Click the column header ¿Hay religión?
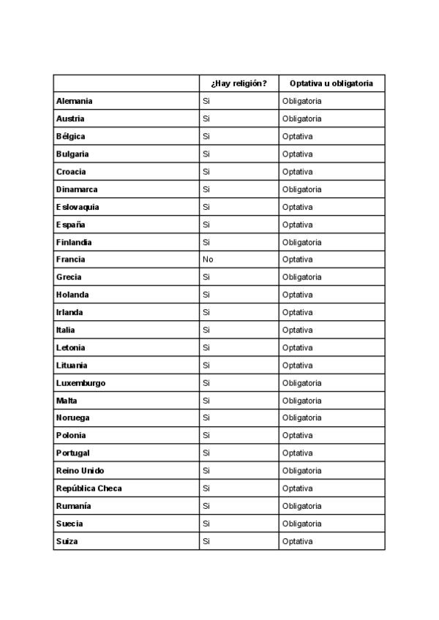239,83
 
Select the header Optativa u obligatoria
331,83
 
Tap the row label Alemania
74,101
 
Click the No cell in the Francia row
208,260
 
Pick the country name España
70,224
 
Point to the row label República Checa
89,488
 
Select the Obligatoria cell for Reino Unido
302,471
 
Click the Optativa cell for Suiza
298,541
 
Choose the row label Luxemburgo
80,382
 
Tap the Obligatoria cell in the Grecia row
302,277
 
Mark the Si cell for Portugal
206,453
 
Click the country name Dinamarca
77,189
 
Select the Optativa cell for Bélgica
298,136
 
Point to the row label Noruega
73,417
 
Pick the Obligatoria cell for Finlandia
302,242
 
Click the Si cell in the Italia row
206,330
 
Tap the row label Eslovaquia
78,207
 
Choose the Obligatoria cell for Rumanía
302,506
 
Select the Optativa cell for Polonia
298,436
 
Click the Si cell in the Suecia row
206,523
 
